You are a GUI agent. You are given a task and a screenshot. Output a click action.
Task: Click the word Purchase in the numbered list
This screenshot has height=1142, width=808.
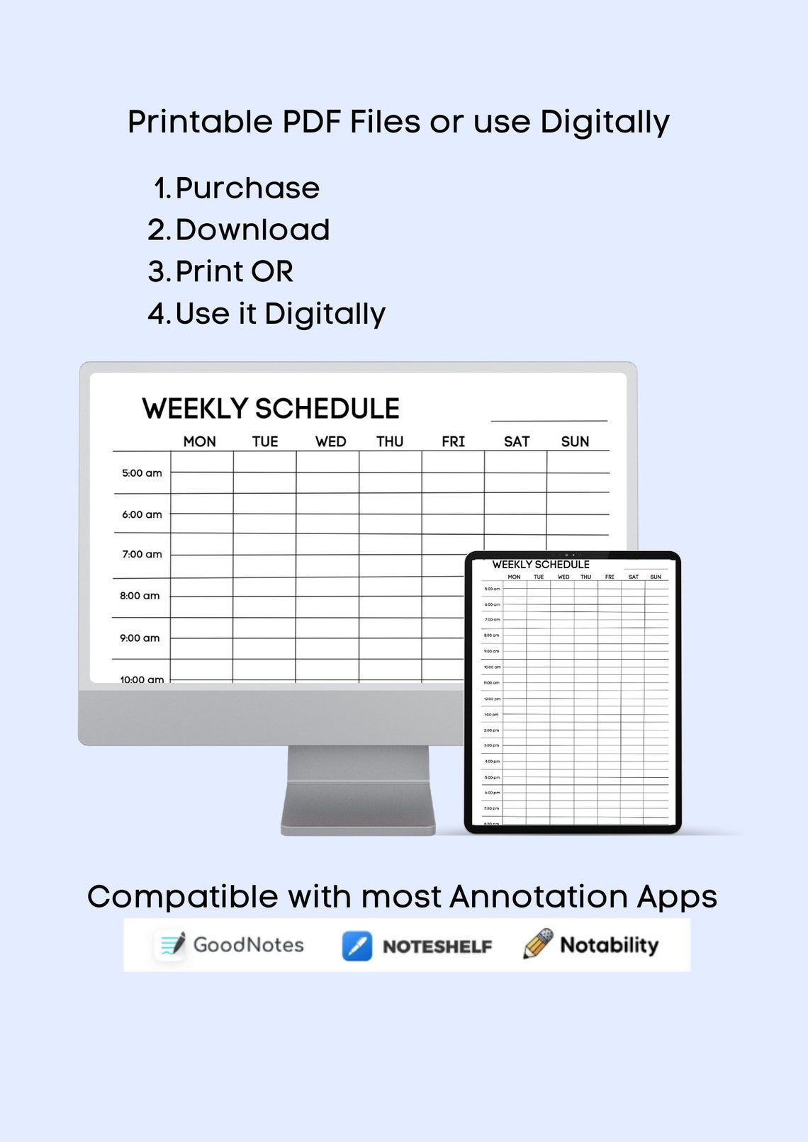pos(247,188)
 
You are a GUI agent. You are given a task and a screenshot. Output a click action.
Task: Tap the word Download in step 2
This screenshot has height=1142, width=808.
pos(252,230)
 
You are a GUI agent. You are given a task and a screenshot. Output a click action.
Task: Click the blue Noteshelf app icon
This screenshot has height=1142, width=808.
pos(357,946)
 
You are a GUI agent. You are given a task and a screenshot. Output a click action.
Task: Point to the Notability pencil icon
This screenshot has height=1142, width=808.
pos(538,944)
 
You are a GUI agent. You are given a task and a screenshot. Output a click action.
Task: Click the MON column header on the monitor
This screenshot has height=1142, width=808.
pos(199,441)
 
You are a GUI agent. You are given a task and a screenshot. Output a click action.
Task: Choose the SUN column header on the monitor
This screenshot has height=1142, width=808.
pos(575,441)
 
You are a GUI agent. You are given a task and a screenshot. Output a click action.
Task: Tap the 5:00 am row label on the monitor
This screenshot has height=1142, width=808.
pos(142,473)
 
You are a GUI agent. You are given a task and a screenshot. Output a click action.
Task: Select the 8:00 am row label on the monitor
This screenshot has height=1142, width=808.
pos(140,596)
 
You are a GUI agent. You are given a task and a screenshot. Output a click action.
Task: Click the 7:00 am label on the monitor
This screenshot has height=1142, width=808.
pos(142,555)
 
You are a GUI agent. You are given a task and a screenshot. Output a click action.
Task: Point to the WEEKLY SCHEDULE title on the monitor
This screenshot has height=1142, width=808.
pos(271,409)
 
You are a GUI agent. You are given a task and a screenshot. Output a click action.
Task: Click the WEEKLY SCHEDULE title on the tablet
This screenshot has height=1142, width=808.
pos(541,565)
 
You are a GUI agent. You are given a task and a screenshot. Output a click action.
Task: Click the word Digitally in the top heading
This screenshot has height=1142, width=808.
pos(605,123)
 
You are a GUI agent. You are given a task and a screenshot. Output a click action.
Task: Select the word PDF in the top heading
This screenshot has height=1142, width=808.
pos(312,122)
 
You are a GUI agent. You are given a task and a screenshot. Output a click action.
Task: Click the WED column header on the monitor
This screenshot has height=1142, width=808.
pos(330,441)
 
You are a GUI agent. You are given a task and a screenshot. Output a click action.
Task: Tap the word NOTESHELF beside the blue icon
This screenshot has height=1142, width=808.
pos(437,946)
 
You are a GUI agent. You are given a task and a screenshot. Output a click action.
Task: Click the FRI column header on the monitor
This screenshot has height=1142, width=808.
pos(453,441)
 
